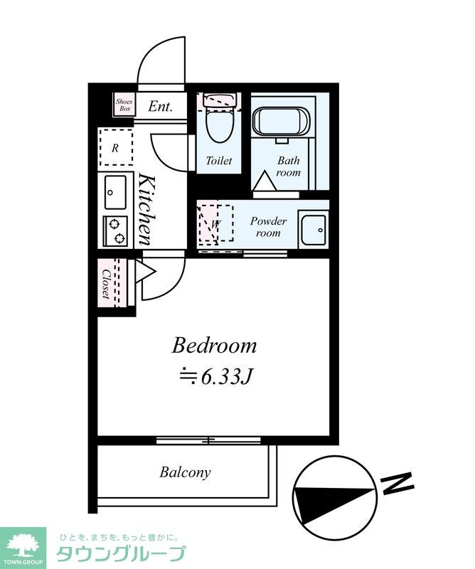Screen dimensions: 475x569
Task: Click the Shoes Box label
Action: (124, 105)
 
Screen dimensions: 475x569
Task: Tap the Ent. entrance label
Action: (160, 106)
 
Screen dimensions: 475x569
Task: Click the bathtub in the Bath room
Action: (282, 122)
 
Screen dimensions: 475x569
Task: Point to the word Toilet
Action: (219, 161)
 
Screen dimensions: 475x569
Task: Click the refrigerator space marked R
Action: (116, 147)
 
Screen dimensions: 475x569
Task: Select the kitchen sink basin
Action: (116, 192)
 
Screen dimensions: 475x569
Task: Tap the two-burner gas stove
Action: (115, 231)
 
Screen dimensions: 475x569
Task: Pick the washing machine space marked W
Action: (215, 223)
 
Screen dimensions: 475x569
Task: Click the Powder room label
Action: (268, 227)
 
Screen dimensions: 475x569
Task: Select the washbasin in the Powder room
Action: (314, 229)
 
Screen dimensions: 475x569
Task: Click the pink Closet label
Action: (106, 283)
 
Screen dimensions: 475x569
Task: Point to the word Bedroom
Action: (214, 346)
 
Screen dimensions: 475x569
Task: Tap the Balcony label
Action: (185, 472)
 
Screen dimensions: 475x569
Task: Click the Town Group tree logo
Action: (23, 545)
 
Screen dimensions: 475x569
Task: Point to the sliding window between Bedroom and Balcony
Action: (208, 440)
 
